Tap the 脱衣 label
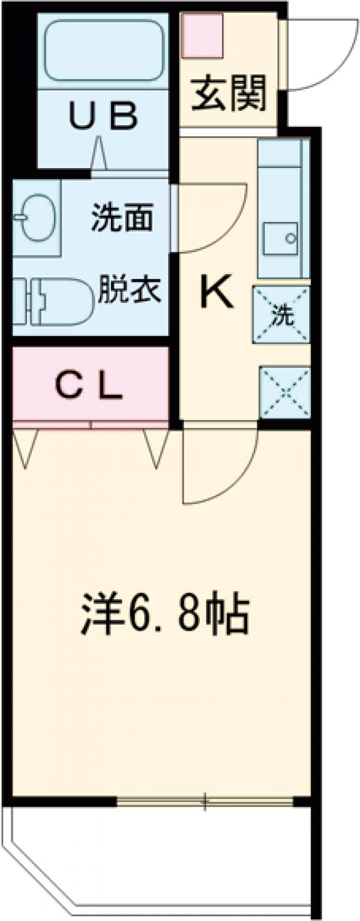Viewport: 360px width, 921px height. point(129,291)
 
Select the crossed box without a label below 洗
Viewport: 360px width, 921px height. point(284,393)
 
